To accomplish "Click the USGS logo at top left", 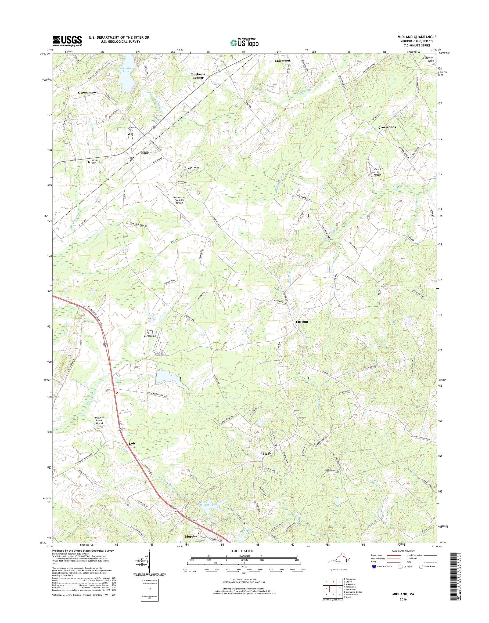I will pos(67,41).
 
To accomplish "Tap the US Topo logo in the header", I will pos(244,42).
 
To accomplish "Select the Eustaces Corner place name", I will pos(197,76).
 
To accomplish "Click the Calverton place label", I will pos(282,61).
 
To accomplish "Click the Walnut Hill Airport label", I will pos(377,172).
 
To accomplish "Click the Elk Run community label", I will pos(302,322).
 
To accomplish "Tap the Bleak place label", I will pos(267,461).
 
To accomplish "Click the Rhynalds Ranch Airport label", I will pos(99,420).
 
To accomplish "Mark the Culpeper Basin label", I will pos(429,59).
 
